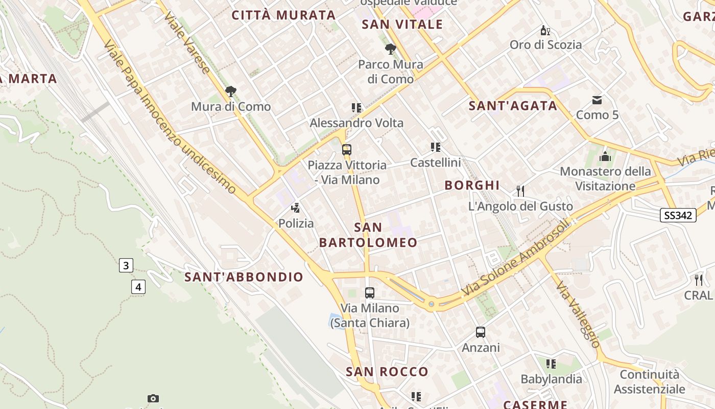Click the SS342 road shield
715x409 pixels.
678,215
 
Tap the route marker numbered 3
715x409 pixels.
126,265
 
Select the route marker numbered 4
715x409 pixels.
138,287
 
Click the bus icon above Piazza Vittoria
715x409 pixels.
347,150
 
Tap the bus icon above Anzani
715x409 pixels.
481,332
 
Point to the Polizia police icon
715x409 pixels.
295,208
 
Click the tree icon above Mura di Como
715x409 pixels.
231,92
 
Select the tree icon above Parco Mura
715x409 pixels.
391,49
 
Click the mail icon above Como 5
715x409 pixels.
597,100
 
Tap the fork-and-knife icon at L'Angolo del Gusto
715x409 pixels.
520,191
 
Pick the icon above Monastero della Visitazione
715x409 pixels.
605,156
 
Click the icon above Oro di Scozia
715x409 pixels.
545,30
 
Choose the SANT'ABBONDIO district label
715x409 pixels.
244,277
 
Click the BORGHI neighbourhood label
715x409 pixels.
472,185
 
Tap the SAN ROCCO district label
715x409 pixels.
387,372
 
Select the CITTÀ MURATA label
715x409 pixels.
283,15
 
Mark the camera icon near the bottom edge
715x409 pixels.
153,398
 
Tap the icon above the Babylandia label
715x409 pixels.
551,364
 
